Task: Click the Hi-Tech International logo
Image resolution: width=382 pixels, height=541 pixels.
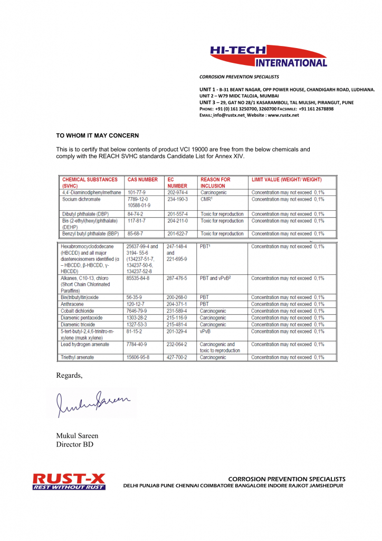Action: pyautogui.click(x=268, y=57)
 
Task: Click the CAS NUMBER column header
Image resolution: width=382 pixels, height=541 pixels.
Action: pyautogui.click(x=142, y=180)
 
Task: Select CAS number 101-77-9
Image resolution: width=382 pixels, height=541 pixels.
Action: pyautogui.click(x=137, y=192)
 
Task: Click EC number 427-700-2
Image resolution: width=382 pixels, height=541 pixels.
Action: pyautogui.click(x=177, y=358)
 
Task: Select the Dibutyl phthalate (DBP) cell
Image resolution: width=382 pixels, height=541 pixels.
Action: pyautogui.click(x=83, y=214)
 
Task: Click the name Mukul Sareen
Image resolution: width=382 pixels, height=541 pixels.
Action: pyautogui.click(x=77, y=436)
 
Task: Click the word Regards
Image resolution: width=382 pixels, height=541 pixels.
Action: pyautogui.click(x=69, y=376)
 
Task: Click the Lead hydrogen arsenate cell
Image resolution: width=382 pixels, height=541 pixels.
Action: pyautogui.click(x=85, y=344)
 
